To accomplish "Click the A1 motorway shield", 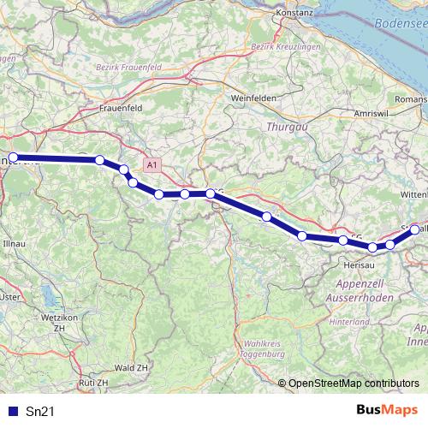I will click(152, 163).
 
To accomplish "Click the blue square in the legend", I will click(14, 412).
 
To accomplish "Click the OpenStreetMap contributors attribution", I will click(354, 383).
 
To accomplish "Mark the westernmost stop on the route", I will click(13, 158).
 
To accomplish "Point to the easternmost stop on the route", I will click(415, 229).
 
